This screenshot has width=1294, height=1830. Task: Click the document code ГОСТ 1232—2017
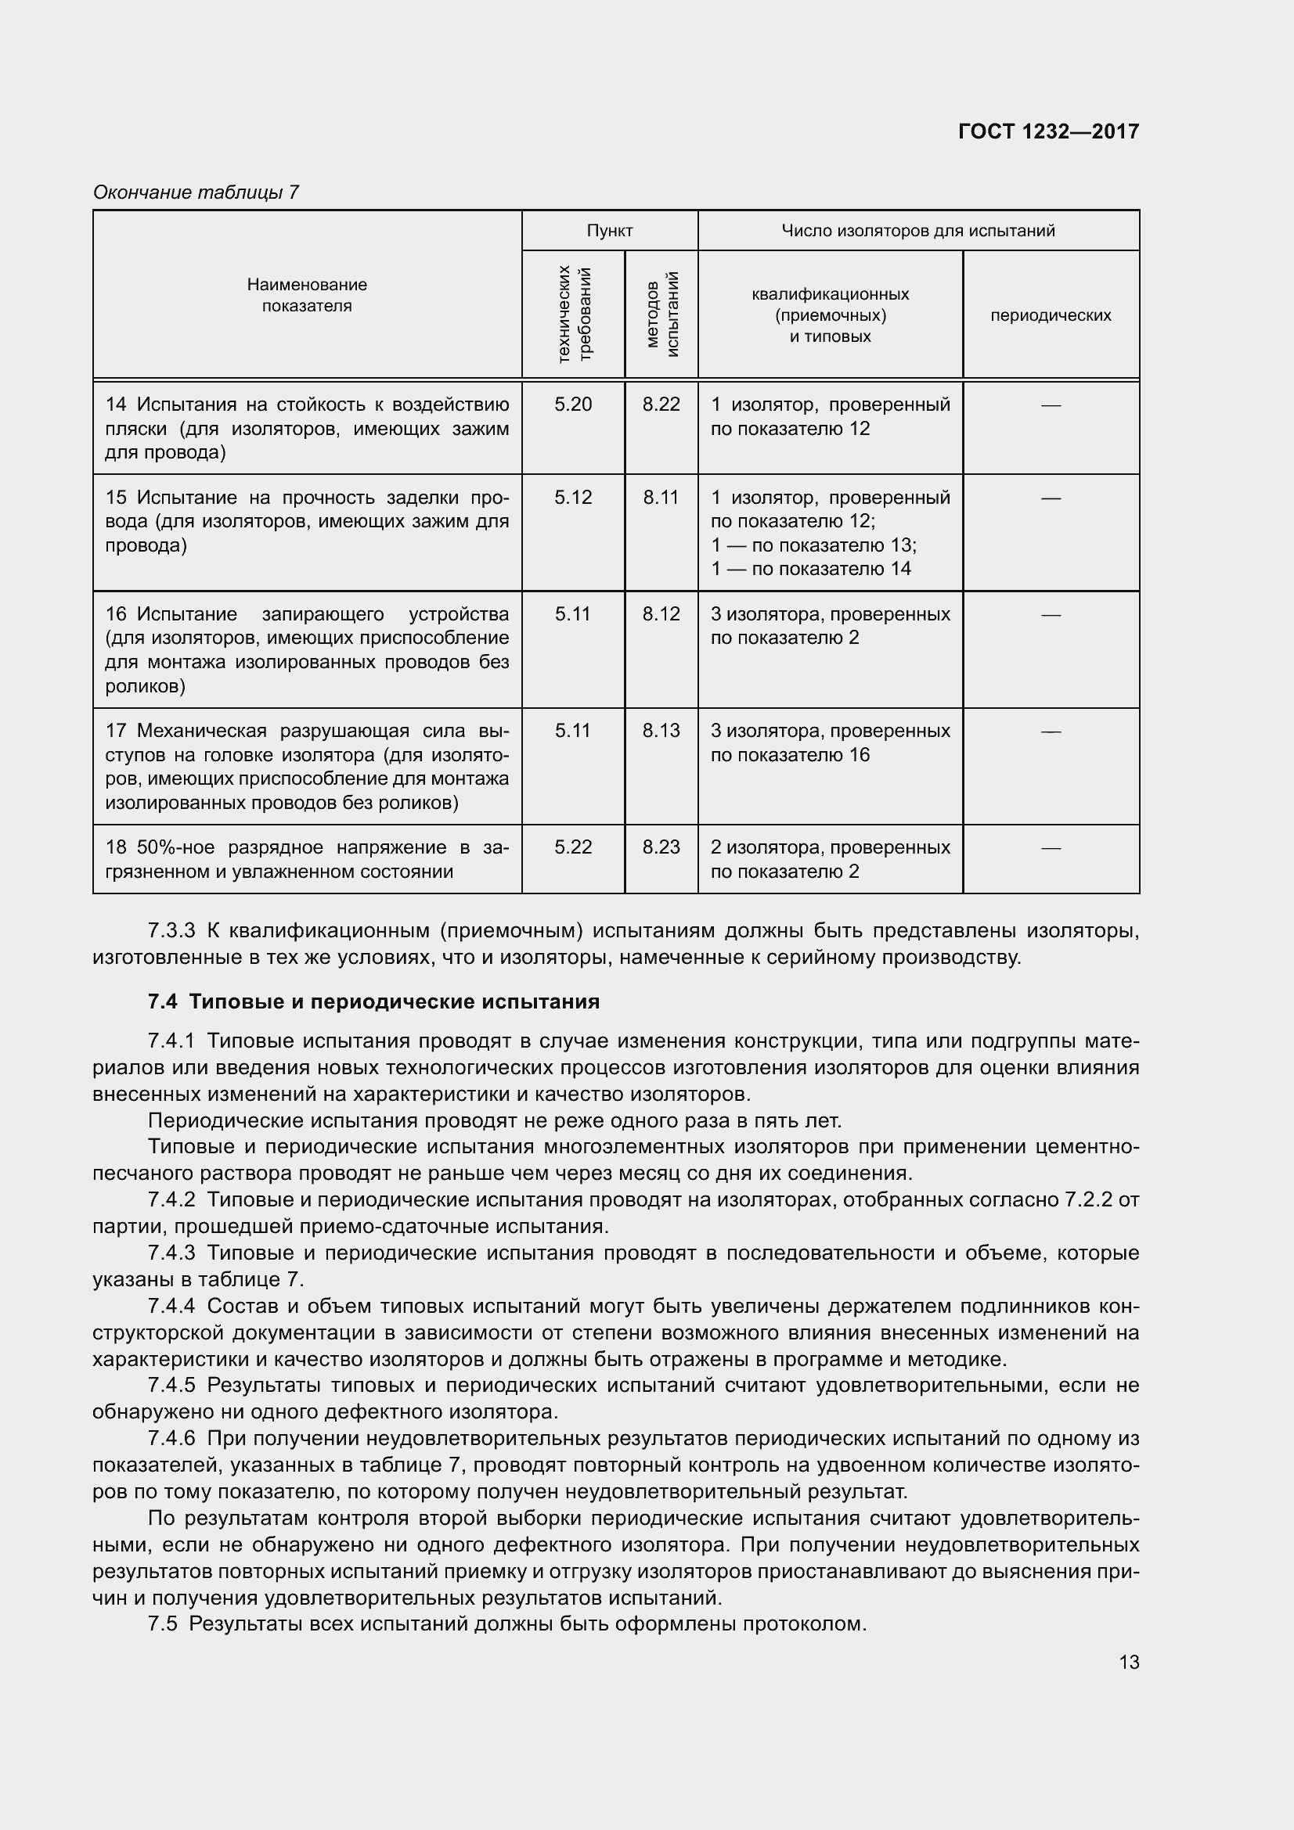click(1047, 131)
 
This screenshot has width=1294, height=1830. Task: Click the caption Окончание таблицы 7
click(196, 192)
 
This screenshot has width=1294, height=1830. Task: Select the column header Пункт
click(609, 231)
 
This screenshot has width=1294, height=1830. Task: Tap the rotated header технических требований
click(574, 315)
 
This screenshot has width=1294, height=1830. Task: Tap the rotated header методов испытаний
click(661, 315)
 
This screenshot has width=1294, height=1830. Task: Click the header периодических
click(1050, 315)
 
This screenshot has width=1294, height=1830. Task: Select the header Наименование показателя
click(307, 295)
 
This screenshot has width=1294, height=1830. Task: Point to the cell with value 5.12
click(573, 498)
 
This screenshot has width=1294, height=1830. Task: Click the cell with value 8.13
click(661, 731)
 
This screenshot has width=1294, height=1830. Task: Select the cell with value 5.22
click(573, 847)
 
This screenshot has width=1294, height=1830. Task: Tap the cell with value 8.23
click(661, 847)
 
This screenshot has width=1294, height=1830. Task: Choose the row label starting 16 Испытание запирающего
click(307, 649)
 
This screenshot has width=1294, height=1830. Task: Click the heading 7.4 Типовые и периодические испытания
click(373, 1002)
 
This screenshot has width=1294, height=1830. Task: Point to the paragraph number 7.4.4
click(171, 1307)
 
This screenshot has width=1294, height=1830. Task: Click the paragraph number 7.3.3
click(171, 931)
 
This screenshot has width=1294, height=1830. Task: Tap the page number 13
click(1128, 1663)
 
